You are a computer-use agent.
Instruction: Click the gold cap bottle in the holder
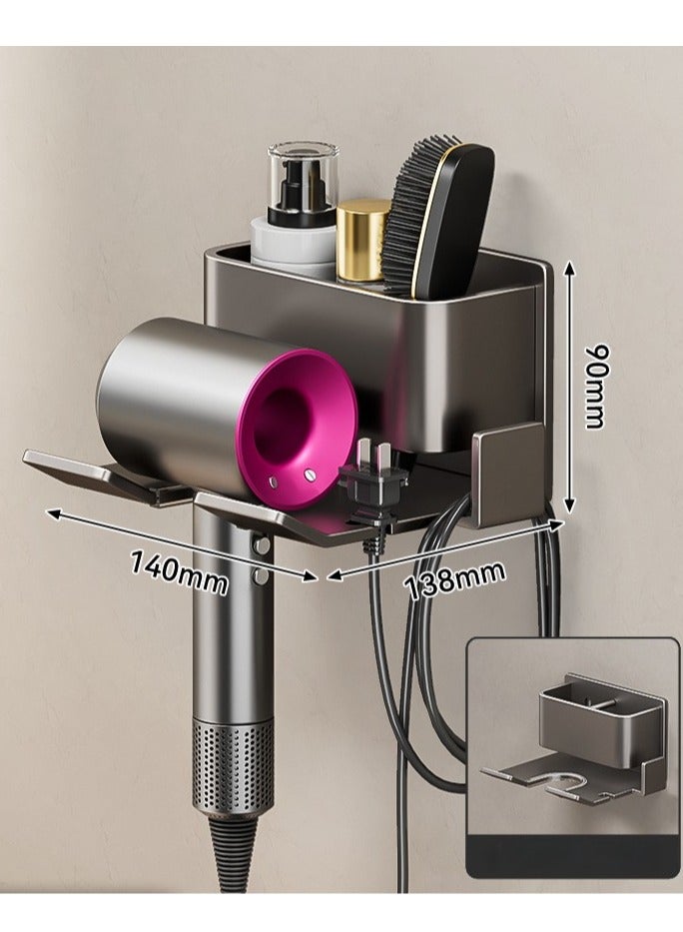(362, 240)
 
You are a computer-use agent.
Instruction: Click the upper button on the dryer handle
(261, 545)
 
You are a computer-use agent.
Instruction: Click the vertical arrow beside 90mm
(567, 386)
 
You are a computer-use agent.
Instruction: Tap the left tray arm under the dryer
(100, 470)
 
